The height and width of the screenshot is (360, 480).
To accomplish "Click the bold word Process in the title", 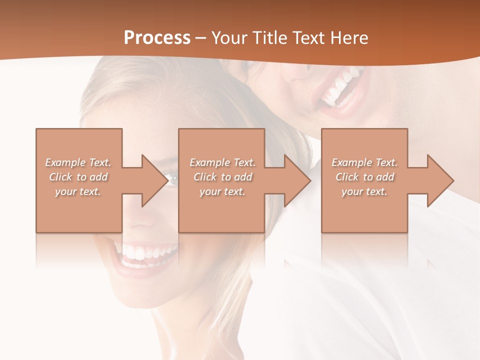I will coord(157,38).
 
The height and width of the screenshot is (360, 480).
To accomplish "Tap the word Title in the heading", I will coord(269,38).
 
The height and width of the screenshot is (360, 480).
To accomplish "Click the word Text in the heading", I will coord(308,38).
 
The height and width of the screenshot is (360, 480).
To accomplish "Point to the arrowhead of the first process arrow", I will coord(155,180).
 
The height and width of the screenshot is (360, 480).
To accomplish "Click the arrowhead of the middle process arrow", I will coord(297,180).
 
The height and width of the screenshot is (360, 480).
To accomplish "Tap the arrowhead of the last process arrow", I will coord(440,180).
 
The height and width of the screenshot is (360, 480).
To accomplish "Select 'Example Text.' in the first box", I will coord(78,162).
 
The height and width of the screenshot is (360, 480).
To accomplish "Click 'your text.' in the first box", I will coord(78,191).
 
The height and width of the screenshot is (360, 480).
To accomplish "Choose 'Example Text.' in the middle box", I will coord(222,162).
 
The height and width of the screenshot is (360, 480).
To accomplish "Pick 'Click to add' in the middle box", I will coord(222,177).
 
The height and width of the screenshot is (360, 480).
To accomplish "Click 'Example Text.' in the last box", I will coord(364,162).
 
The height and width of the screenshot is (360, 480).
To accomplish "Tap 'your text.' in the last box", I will coord(364,191).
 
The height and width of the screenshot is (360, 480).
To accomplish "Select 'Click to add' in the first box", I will coord(78,177).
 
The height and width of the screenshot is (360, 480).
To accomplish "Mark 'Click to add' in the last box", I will coord(364,177).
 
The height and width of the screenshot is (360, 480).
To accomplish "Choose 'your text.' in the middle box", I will coord(222,191).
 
